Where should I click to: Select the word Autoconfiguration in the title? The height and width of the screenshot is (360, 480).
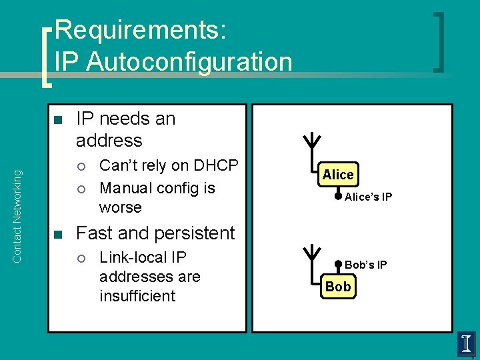click(x=189, y=62)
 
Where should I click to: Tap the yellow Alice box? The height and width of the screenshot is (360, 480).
click(x=338, y=175)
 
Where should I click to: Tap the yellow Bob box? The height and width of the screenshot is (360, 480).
click(x=338, y=287)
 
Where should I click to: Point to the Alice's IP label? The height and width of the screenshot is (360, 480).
click(x=368, y=197)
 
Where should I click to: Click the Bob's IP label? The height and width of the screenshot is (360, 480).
click(x=365, y=265)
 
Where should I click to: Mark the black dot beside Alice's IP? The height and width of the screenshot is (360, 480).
click(x=338, y=196)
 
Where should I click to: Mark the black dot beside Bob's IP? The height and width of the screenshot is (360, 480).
click(x=338, y=265)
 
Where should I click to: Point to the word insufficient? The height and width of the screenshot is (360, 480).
click(x=137, y=296)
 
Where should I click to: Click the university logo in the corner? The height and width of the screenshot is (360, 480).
click(x=467, y=343)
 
